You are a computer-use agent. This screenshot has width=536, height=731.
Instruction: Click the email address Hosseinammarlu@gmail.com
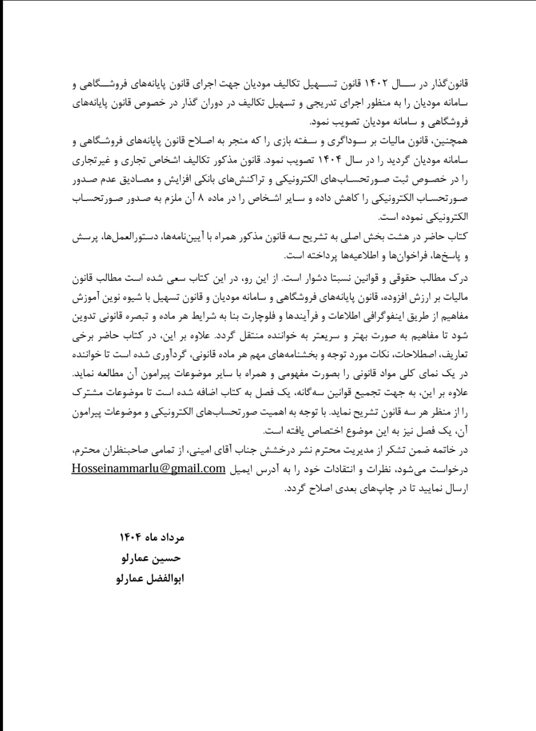[x=148, y=468]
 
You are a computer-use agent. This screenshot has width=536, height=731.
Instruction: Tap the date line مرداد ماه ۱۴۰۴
[x=152, y=539]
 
